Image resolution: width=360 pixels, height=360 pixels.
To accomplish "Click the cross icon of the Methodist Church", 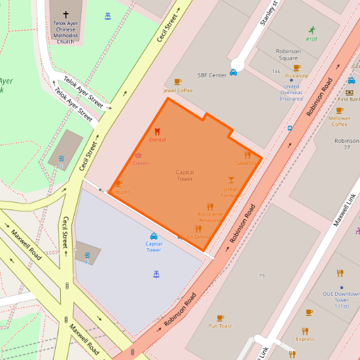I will tap(65, 14).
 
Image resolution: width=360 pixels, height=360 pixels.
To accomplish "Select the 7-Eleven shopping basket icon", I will tap(138, 156).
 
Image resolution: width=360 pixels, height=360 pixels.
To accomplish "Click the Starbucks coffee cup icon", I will tap(118, 184).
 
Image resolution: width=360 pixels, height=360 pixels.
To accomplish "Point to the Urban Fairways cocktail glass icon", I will tap(230, 179).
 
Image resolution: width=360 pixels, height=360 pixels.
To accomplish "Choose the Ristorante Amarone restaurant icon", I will tap(210, 207).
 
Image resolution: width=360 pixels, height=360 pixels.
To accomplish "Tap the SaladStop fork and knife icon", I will tap(247, 155).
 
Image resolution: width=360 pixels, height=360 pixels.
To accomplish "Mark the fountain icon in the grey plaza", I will tap(156, 274).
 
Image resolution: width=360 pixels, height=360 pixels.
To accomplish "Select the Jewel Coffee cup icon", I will tap(177, 82).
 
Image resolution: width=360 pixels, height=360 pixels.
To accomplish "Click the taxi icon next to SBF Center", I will tap(233, 73).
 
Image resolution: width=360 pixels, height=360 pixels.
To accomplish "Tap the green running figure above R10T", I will tap(312, 30).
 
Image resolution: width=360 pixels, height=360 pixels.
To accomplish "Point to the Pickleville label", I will tap(297, 75).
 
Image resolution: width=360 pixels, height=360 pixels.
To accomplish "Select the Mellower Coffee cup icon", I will tap(340, 111).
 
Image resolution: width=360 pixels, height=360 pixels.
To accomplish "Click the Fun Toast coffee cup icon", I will tap(220, 317).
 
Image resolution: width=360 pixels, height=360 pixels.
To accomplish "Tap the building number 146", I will tap(276, 71).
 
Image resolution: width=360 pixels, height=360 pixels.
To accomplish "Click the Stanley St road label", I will tap(268, 13).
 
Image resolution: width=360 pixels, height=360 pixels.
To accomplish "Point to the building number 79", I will tap(261, 276).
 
